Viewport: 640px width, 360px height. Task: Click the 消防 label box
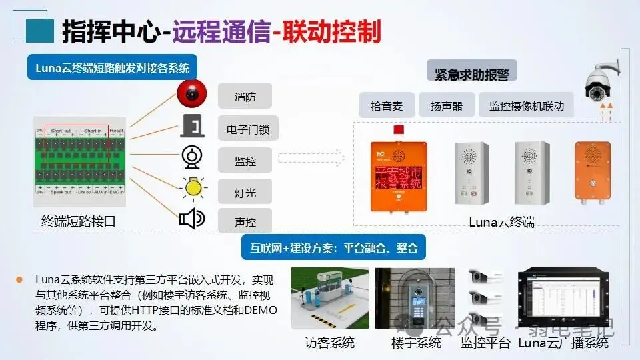click(245, 97)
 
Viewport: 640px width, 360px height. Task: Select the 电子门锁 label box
click(245, 128)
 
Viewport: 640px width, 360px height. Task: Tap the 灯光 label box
click(245, 192)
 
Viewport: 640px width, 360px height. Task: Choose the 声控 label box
click(245, 222)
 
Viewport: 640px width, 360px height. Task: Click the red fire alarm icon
click(192, 93)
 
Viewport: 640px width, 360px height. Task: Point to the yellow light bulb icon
click(193, 188)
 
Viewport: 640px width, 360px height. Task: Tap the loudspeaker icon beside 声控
click(192, 219)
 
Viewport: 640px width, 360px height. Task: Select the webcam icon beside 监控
click(191, 157)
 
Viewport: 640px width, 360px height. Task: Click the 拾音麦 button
click(387, 106)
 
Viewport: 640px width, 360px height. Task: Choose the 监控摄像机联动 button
click(526, 106)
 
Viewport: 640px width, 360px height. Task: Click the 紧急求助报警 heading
click(472, 75)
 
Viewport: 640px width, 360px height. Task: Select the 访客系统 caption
click(330, 343)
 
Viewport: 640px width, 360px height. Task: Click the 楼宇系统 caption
click(416, 343)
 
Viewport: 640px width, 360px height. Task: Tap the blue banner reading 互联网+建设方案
click(333, 248)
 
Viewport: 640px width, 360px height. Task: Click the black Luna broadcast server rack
click(563, 299)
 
